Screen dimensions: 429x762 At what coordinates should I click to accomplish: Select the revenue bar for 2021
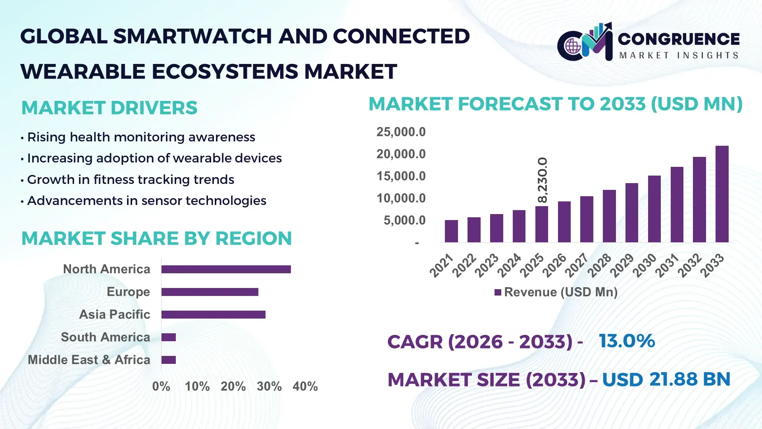(451, 231)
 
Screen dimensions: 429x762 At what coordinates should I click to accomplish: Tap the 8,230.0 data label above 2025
(542, 180)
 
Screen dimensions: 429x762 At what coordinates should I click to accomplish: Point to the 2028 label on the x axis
(599, 265)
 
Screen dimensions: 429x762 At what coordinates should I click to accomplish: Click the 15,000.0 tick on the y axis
(401, 176)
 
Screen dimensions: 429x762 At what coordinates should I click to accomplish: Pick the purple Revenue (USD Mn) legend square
(498, 292)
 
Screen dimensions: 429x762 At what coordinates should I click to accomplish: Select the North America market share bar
(226, 269)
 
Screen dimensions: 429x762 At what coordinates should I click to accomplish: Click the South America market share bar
(169, 337)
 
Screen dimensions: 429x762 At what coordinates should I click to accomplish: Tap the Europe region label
(128, 292)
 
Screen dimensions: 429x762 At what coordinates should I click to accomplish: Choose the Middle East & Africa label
(89, 360)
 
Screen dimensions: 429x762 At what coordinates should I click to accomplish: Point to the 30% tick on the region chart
(269, 386)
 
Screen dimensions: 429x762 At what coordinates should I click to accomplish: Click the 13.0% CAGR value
(627, 341)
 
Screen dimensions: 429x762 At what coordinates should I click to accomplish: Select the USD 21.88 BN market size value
(666, 379)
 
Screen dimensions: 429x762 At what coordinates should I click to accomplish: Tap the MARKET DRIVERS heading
(109, 108)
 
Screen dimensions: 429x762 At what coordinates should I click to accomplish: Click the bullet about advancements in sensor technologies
(146, 201)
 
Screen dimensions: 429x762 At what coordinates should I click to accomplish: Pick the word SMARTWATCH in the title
(192, 37)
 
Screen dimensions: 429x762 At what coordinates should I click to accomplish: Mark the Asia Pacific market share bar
(213, 315)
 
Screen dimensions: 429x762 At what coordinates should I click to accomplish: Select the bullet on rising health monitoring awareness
(141, 137)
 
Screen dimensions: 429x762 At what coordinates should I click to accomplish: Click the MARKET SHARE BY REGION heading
(156, 238)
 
